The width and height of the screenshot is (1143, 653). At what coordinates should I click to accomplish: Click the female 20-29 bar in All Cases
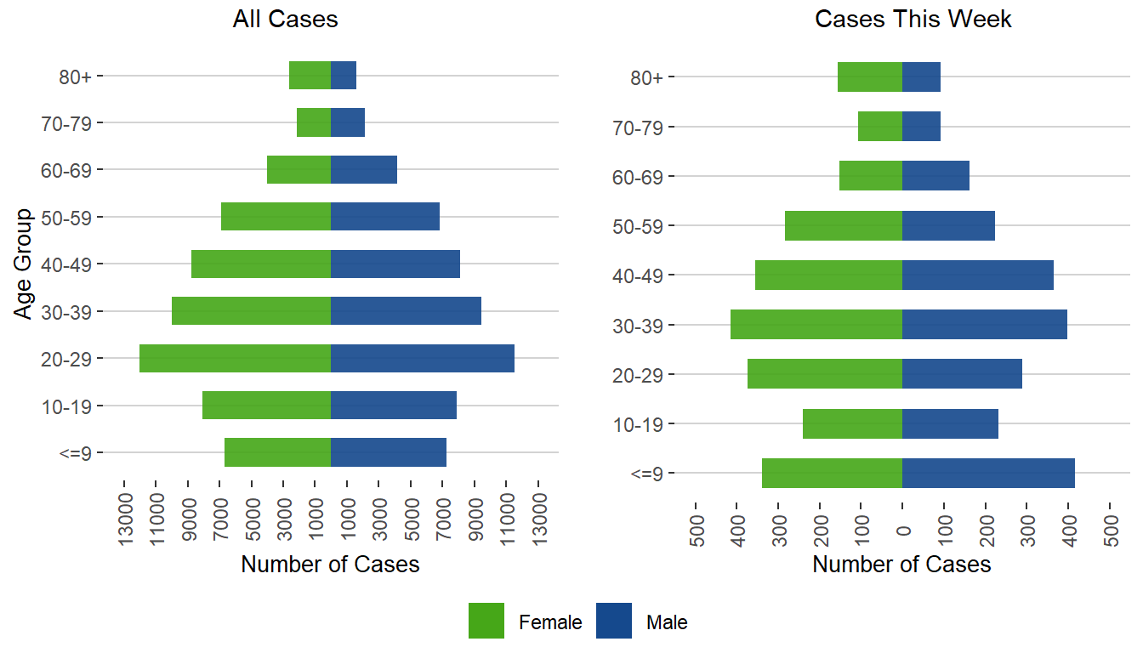tap(235, 358)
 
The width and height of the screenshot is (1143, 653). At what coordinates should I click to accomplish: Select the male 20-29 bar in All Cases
tap(423, 358)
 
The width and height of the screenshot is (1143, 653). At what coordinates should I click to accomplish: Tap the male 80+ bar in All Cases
tap(344, 76)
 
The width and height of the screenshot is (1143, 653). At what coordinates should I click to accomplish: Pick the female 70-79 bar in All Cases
tap(314, 122)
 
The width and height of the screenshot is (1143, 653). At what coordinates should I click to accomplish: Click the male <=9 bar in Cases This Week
tap(988, 473)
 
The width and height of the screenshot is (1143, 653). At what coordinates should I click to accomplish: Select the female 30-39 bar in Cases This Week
tap(816, 325)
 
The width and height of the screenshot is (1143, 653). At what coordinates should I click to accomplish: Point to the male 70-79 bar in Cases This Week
tap(921, 127)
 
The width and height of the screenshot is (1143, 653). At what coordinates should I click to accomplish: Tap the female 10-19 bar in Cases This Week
tap(852, 423)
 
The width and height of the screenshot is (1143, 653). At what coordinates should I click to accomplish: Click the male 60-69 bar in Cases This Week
tap(935, 176)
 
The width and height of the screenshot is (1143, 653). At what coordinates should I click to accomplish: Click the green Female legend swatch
tap(486, 621)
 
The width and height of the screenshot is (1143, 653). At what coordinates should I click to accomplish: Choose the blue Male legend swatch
tap(614, 621)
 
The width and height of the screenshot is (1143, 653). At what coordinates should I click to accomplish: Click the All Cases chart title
tap(285, 20)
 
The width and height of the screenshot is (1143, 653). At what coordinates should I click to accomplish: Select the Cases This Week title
tap(913, 20)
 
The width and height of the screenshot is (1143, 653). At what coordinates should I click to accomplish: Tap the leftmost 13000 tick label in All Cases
tap(125, 515)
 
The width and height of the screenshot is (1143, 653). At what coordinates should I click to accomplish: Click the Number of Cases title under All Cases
tap(330, 565)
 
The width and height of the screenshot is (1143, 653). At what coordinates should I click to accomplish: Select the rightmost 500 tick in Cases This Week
tap(1111, 515)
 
